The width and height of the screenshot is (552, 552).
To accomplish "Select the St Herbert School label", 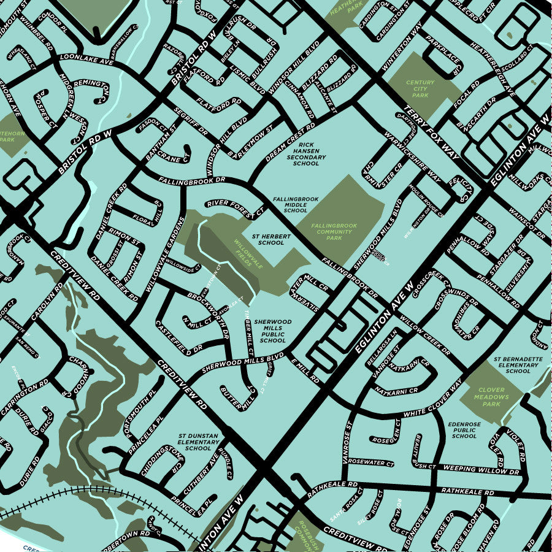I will [268, 239].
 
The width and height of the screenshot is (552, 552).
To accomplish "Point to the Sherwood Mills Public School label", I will [273, 331].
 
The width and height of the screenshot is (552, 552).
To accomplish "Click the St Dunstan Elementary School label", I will [198, 442].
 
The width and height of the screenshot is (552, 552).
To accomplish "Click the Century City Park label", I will [420, 89].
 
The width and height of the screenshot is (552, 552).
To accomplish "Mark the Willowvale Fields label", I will [247, 256].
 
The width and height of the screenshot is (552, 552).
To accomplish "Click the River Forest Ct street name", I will [234, 207].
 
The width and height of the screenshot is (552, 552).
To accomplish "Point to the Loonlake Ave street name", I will [86, 61].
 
